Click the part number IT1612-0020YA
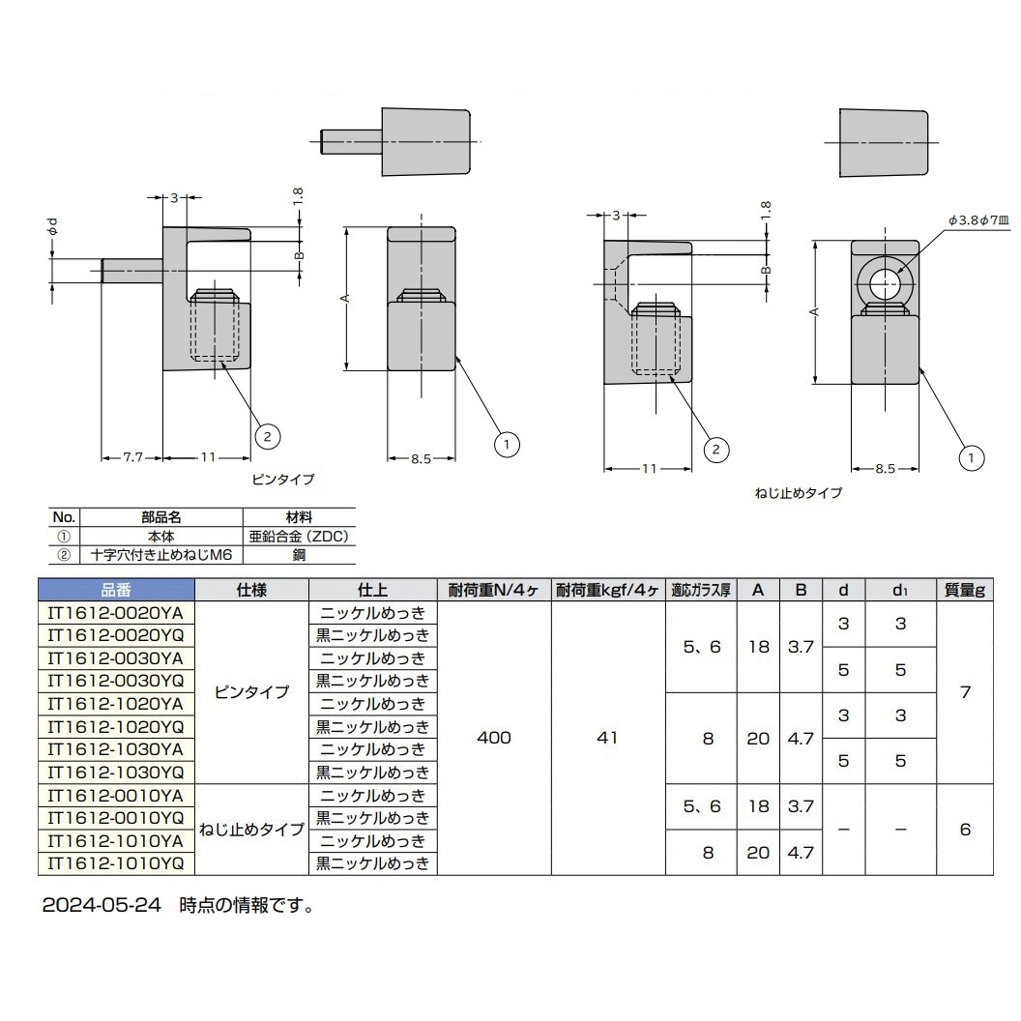(116, 613)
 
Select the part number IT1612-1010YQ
(116, 863)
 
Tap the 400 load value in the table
(494, 738)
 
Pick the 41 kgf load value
(607, 738)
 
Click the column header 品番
(116, 590)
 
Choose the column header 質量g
(965, 590)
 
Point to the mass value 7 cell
(965, 692)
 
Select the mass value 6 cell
(965, 830)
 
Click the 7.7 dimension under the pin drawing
(132, 458)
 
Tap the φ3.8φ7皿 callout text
(978, 220)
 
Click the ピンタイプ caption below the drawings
(283, 479)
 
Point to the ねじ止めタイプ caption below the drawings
(798, 493)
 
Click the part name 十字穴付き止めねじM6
(160, 554)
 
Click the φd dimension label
(54, 228)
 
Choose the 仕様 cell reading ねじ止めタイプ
(251, 830)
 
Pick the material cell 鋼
(299, 554)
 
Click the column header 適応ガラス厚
(701, 590)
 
